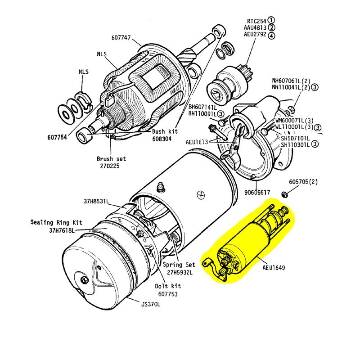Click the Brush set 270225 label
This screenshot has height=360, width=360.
tap(111, 162)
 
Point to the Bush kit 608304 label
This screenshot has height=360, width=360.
tap(165, 135)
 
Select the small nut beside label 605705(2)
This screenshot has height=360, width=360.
tap(284, 194)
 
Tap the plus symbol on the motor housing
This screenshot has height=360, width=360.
tap(199, 195)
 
